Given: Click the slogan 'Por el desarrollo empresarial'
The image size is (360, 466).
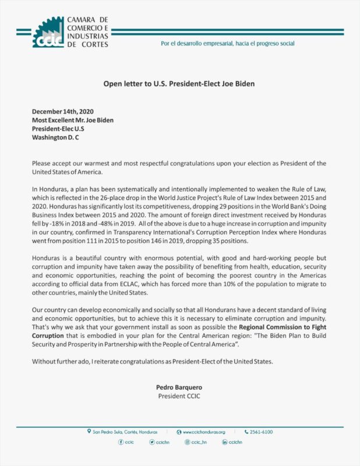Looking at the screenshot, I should pos(228,44).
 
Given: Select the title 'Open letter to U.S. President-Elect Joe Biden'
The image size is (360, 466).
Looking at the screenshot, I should pos(179,83).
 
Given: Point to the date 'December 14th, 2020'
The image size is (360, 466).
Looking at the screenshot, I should pos(63,112).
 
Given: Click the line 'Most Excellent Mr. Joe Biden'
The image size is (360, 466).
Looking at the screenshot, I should pos(73,121).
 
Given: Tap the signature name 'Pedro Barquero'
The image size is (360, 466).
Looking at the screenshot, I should pos(179,387).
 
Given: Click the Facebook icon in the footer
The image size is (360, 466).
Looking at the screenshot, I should pos(121,443).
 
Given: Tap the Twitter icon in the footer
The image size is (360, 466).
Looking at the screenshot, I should pos(152,443).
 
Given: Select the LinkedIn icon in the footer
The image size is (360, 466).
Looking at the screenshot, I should pos(224,443).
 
